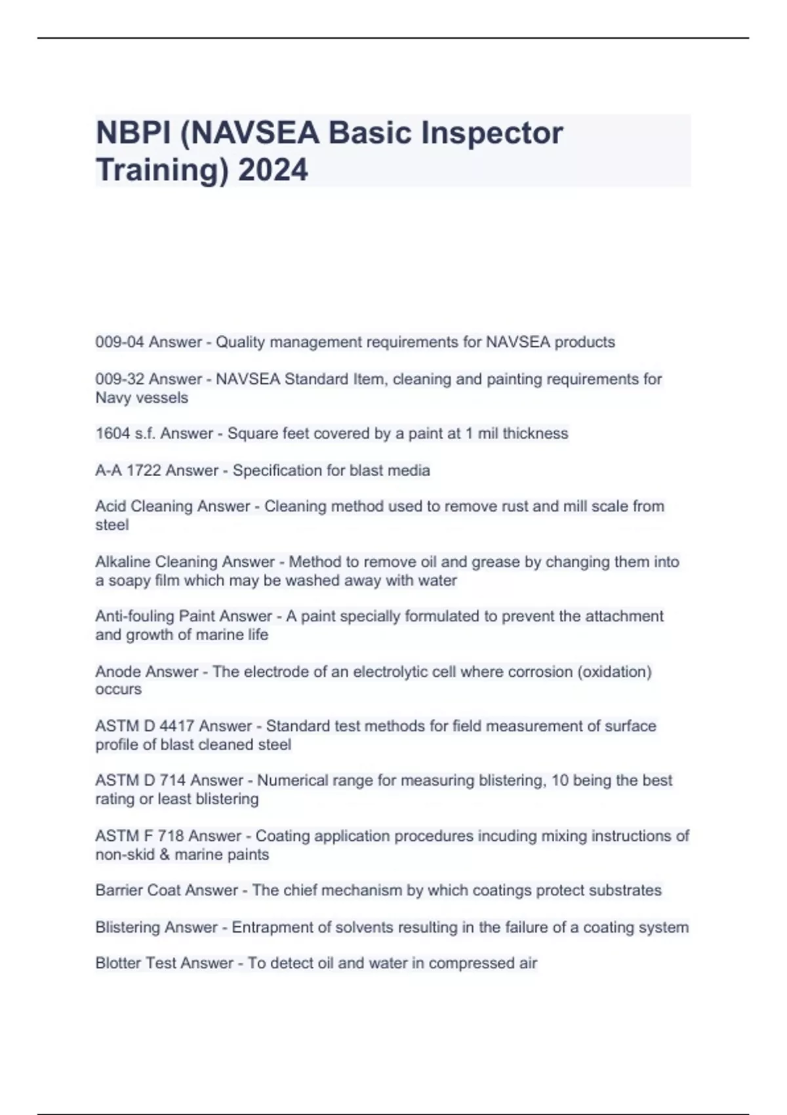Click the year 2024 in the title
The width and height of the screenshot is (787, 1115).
point(273,170)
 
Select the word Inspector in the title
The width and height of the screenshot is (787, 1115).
point(492,133)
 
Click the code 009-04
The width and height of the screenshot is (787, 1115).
point(120,342)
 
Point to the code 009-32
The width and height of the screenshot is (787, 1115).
point(120,379)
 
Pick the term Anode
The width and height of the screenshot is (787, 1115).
point(117,672)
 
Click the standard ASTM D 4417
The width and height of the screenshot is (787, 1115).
point(145,726)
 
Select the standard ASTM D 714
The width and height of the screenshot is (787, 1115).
point(140,780)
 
